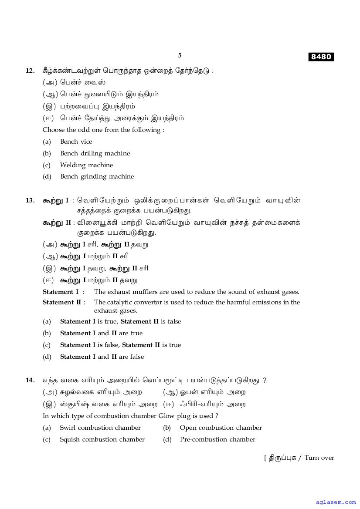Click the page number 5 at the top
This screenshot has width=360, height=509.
pos(180,55)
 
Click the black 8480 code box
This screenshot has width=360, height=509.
pos(321,57)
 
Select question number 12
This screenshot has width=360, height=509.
pos(30,71)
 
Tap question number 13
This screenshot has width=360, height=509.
pos(30,200)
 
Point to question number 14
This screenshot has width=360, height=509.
pos(30,380)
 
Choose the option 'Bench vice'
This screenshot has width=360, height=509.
pos(76,142)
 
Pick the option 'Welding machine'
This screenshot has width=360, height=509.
pos(86,165)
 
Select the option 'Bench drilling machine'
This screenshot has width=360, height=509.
pos(95,153)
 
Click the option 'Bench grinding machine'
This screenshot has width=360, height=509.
pos(97,176)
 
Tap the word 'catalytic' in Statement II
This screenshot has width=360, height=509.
pos(121,302)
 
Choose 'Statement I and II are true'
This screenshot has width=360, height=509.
pos(101,333)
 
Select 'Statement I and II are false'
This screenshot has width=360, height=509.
pos(102,357)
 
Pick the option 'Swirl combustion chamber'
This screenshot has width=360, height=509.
pos(100,428)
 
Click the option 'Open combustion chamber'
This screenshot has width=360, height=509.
pos(221,428)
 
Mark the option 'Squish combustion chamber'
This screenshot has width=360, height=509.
pos(102,439)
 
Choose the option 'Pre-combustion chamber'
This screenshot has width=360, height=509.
pos(217,439)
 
